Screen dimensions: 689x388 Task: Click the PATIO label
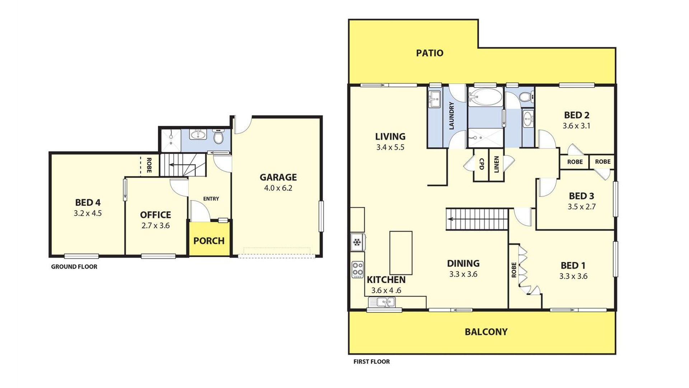(x=430, y=53)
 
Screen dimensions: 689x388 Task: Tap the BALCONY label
(x=486, y=332)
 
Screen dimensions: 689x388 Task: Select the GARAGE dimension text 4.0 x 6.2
(x=278, y=188)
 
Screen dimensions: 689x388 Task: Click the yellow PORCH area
(x=209, y=239)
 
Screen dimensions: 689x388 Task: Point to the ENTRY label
(x=211, y=199)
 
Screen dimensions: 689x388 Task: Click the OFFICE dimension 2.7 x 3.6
(x=155, y=226)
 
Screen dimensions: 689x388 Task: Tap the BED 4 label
(x=88, y=203)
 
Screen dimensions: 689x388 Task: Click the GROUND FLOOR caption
(x=74, y=267)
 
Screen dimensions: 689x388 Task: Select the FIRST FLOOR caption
(x=371, y=362)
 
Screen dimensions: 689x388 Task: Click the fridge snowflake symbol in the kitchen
(x=357, y=242)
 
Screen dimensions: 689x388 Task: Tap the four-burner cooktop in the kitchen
(x=358, y=269)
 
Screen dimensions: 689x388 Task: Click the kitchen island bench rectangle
(x=401, y=253)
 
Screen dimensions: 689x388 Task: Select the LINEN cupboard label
(x=497, y=165)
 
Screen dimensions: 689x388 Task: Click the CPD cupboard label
(x=482, y=164)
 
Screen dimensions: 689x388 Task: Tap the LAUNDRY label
(x=451, y=116)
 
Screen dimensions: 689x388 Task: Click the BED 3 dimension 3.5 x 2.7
(x=581, y=207)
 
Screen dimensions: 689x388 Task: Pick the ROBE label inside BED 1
(x=514, y=270)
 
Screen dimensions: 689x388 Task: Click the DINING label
(x=463, y=263)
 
